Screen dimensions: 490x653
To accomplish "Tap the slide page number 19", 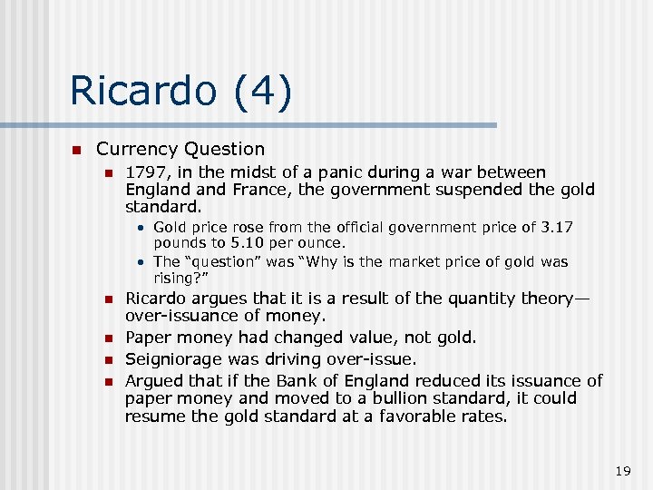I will (x=622, y=471).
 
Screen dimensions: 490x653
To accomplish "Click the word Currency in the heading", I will (x=137, y=149).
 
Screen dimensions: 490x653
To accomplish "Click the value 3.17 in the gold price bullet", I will (x=554, y=227).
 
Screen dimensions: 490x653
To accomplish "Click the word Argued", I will (x=152, y=380).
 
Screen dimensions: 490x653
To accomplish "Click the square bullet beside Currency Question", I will (x=77, y=150).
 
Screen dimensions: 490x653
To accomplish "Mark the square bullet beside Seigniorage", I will (x=106, y=359).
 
